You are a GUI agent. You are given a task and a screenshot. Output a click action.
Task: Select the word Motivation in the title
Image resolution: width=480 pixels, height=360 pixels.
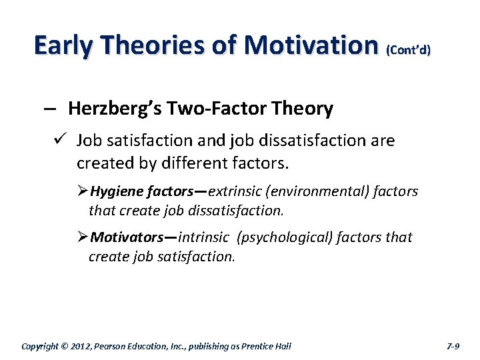click(x=311, y=45)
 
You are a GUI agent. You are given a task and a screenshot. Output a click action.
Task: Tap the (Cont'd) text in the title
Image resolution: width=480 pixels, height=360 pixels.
click(x=408, y=49)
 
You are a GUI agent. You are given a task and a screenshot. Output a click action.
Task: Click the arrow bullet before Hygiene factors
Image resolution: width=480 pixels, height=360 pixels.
click(x=83, y=192)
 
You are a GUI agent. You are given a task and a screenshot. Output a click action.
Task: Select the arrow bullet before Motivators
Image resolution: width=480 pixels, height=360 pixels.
click(x=83, y=237)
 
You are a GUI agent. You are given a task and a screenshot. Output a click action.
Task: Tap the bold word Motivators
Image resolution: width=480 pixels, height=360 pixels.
click(x=127, y=237)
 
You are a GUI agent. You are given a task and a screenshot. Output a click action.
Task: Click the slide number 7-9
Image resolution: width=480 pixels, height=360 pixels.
click(x=453, y=346)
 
